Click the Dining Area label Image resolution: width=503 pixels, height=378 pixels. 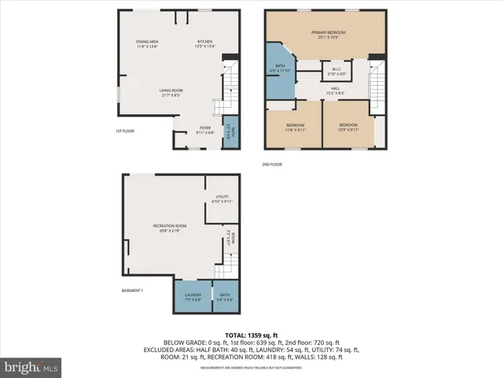tap(147, 44)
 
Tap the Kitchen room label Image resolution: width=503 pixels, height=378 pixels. tap(205, 44)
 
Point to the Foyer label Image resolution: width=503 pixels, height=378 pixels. tap(205, 129)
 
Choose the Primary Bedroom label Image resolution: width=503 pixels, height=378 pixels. tap(332, 35)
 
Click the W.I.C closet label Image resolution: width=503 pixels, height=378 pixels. tap(336, 71)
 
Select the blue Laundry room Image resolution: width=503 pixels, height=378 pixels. tap(193, 297)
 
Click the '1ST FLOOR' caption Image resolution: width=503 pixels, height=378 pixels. tap(125, 131)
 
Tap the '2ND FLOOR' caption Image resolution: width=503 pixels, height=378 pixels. tap(272, 165)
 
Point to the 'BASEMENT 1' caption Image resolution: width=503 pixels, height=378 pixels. tap(132, 291)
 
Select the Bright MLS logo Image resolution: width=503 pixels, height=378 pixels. tap(31, 367)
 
